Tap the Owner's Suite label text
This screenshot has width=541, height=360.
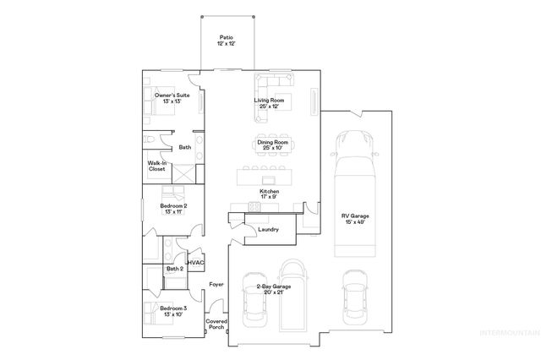172,98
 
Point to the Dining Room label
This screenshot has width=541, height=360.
270,145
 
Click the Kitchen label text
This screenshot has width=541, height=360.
269,194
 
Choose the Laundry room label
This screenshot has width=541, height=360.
269,228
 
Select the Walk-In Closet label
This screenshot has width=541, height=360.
156,166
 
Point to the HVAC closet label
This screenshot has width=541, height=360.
196,264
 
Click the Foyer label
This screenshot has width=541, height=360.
216,284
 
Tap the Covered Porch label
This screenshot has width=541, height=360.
216,325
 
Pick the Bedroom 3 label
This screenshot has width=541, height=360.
172,311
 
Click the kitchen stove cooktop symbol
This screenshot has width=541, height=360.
254,208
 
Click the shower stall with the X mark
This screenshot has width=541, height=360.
181,171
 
